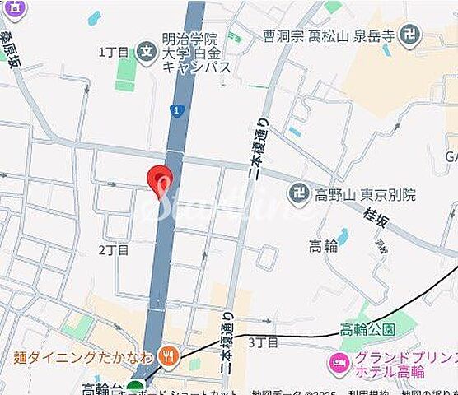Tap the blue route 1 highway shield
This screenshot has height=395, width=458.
coord(175,109)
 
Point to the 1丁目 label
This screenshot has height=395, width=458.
coord(114,52)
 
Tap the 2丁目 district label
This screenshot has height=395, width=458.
coord(114,249)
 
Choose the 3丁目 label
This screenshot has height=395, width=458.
coord(263,342)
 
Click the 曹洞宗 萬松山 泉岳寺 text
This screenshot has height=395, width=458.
coord(329,35)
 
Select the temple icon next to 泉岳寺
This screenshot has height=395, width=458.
coord(409,35)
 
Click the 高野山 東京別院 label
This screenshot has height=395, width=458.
coord(363,195)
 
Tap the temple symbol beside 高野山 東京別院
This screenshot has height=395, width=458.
coord(298,195)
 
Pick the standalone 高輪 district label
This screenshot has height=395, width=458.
coord(323,245)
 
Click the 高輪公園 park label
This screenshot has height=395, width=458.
coord(368,329)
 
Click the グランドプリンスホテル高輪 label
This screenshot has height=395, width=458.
coord(395,364)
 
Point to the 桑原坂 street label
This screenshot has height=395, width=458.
coord(10,51)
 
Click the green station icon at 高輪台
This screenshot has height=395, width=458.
coord(135,388)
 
